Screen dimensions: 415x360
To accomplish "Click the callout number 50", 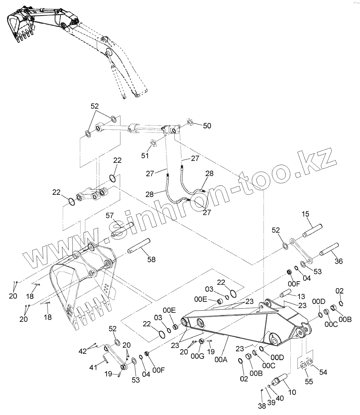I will click(207, 126).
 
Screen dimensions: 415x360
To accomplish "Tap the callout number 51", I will click(145, 156).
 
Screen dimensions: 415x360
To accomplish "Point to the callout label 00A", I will click(221, 359).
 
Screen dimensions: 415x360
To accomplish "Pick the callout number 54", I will click(323, 372).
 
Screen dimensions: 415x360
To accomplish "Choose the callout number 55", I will click(309, 381).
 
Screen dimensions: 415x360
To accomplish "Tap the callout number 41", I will click(93, 367).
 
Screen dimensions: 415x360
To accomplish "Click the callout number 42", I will click(82, 351).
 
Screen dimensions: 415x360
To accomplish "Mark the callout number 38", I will click(262, 406).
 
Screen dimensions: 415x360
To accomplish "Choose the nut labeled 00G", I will click(202, 341).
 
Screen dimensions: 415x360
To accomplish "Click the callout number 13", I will click(301, 297).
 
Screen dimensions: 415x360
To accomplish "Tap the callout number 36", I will click(338, 261).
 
